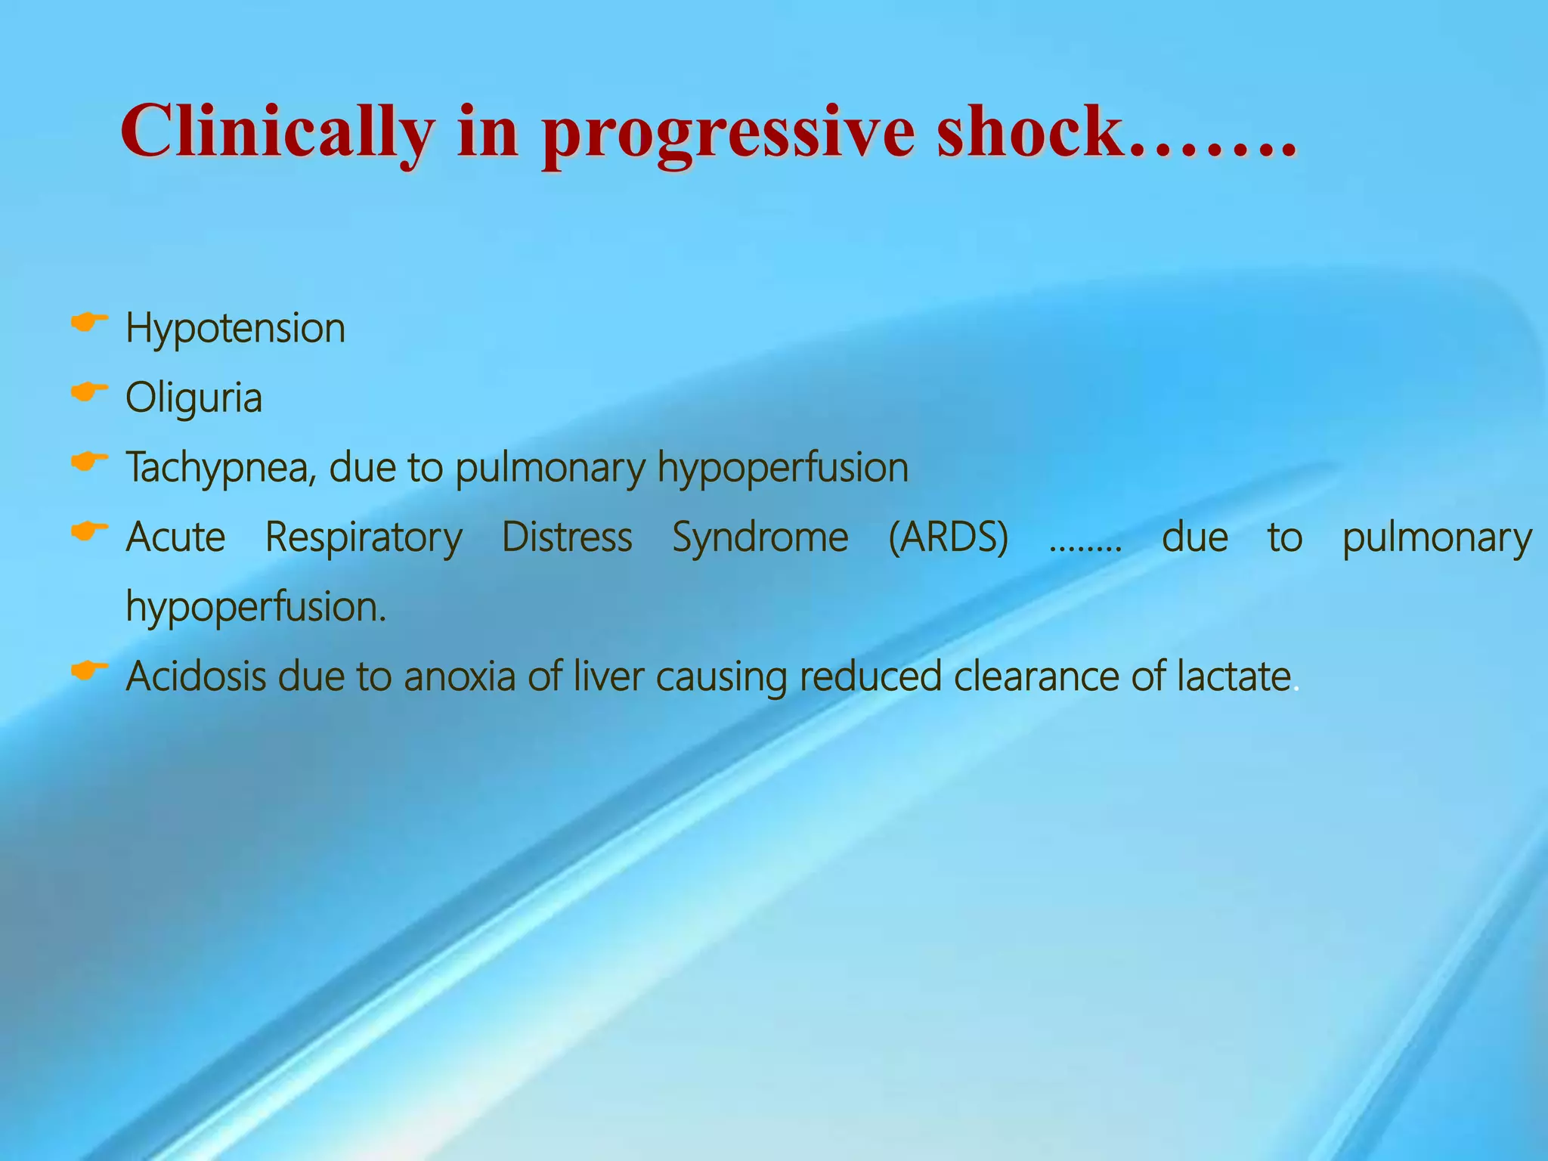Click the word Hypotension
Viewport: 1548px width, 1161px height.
pyautogui.click(x=235, y=329)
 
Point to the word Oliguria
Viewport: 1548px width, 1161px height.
pyautogui.click(x=193, y=398)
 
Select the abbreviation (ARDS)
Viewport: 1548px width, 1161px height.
pyautogui.click(x=948, y=538)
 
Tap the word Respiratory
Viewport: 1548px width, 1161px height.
pyautogui.click(x=364, y=538)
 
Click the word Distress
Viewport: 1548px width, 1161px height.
pyautogui.click(x=567, y=538)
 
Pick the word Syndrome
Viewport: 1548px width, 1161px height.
pyautogui.click(x=760, y=538)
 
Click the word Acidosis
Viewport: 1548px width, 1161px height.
pyautogui.click(x=196, y=676)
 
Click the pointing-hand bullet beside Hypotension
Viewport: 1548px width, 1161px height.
pyautogui.click(x=89, y=323)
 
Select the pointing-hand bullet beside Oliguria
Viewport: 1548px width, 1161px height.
pyautogui.click(x=89, y=392)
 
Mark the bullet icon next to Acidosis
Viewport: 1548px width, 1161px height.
pyautogui.click(x=89, y=670)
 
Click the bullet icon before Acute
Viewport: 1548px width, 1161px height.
pyautogui.click(x=89, y=531)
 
